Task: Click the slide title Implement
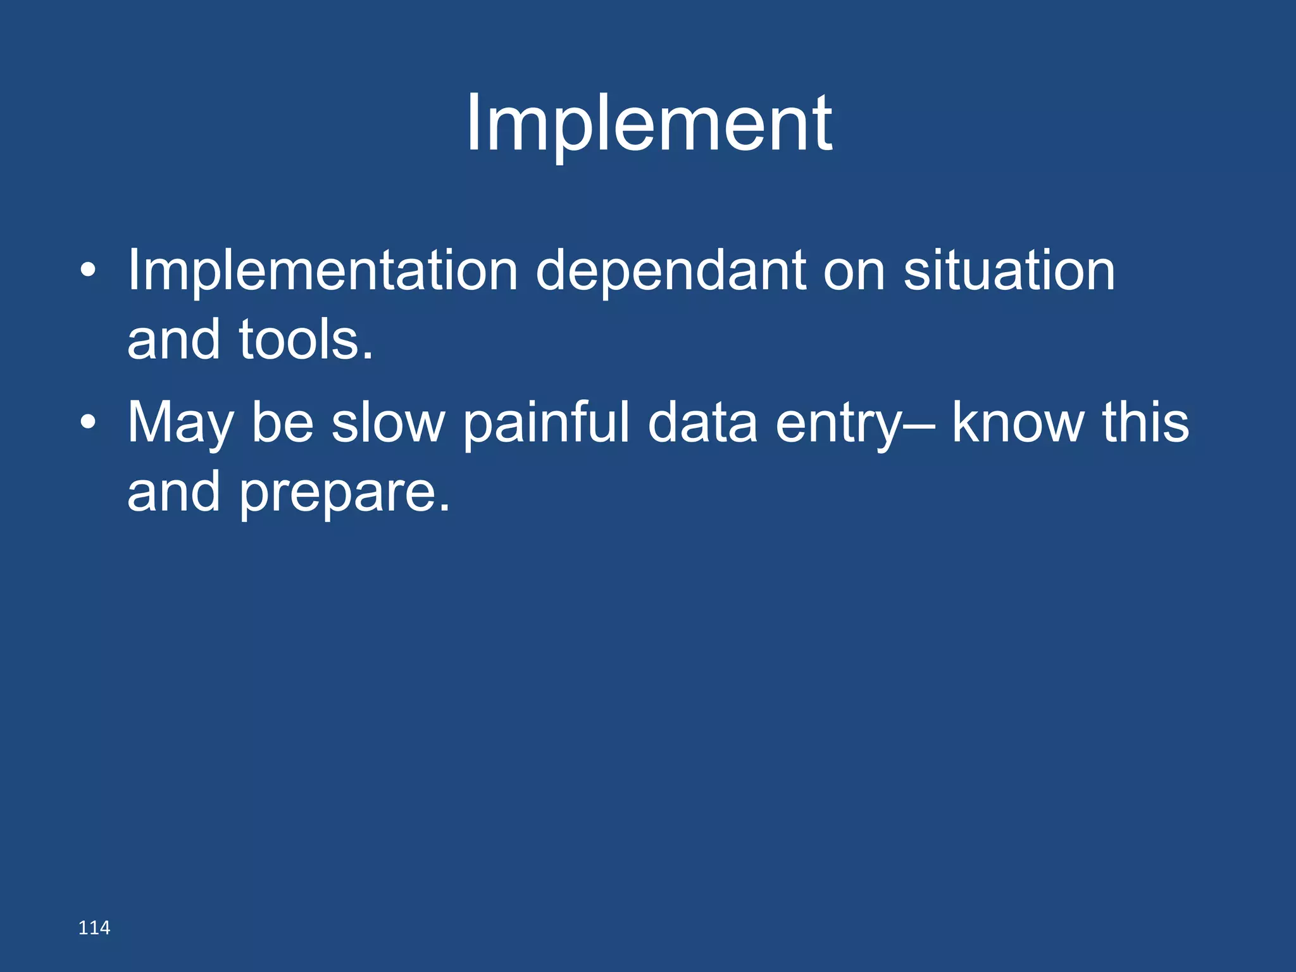pyautogui.click(x=649, y=123)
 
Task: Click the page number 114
pyautogui.click(x=94, y=928)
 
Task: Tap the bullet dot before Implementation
pyautogui.click(x=89, y=271)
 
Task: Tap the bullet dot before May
pyautogui.click(x=89, y=423)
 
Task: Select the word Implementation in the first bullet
pyautogui.click(x=323, y=271)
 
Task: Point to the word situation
pyautogui.click(x=1009, y=271)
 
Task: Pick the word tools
pyautogui.click(x=306, y=340)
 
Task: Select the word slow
pyautogui.click(x=388, y=423)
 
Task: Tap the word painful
pyautogui.click(x=546, y=423)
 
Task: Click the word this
pyautogui.click(x=1145, y=423)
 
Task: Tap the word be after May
pyautogui.click(x=282, y=423)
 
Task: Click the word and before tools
pyautogui.click(x=173, y=340)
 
